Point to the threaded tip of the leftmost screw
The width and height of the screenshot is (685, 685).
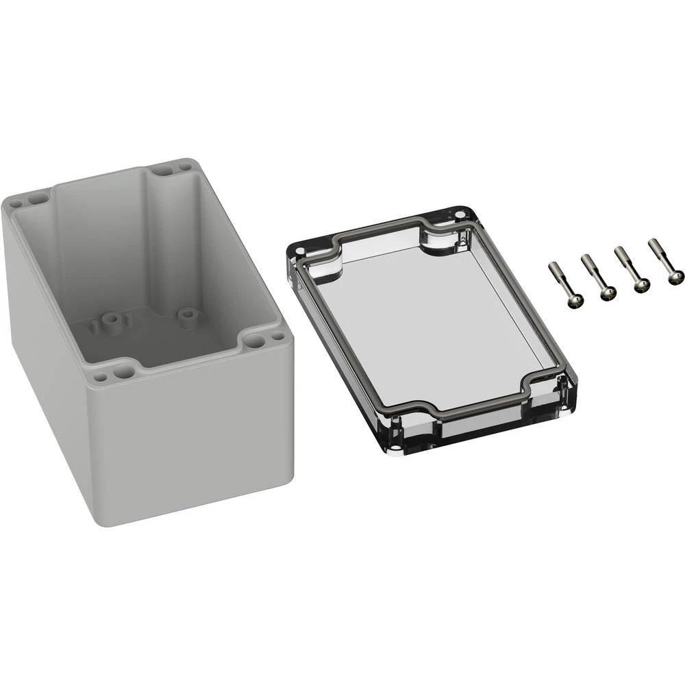point(552,265)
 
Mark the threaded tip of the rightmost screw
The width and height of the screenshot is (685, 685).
point(651,243)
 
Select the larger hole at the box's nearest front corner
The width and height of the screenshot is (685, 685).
point(123,372)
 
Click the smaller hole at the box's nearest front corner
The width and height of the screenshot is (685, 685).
point(101,377)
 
